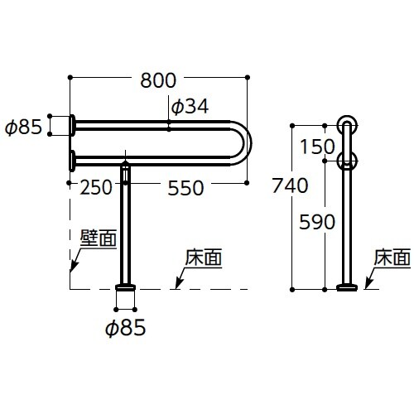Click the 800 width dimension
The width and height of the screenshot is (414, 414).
[158, 80]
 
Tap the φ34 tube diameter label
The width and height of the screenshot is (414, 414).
[190, 107]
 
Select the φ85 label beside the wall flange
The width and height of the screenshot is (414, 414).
[23, 128]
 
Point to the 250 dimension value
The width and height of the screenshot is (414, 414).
[96, 188]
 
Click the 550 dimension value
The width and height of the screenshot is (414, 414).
[185, 188]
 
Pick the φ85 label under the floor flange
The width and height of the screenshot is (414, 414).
[126, 328]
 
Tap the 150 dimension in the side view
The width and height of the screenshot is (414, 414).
[317, 147]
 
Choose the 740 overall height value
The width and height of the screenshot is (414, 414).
[290, 185]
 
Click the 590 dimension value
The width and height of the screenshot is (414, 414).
[317, 222]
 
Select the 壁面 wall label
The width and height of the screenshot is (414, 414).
[99, 238]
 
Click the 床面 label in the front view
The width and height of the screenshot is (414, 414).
[204, 258]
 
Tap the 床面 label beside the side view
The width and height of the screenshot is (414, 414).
[392, 258]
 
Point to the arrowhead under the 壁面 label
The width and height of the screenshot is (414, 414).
[74, 267]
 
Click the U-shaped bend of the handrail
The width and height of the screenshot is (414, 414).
[248, 143]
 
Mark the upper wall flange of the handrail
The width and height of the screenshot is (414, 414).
[72, 125]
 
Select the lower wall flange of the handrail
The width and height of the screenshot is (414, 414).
[72, 161]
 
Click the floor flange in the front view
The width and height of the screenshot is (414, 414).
[125, 287]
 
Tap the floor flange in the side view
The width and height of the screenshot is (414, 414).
[347, 287]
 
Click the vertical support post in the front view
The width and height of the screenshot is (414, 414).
[125, 224]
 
